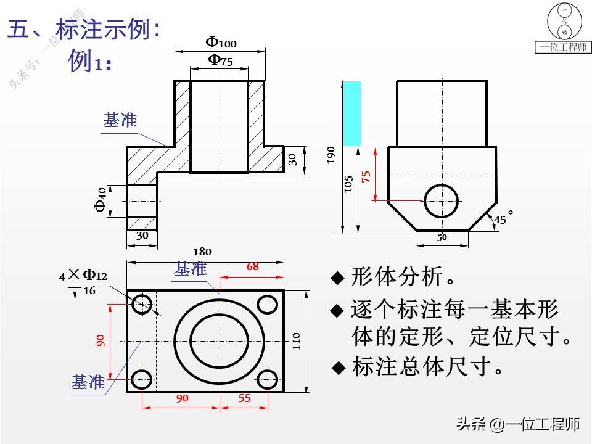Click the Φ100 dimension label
click(221, 43)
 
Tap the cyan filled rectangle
click(351, 113)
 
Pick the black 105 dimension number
click(348, 184)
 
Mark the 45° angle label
click(503, 218)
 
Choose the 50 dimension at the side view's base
click(442, 237)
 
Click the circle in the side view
click(442, 200)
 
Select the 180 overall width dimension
click(202, 252)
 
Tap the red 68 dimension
click(253, 267)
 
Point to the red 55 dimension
click(245, 398)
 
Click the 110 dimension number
click(296, 340)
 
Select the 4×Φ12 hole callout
click(83, 276)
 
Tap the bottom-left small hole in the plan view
click(142, 378)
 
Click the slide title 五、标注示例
click(84, 30)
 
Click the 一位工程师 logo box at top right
click(563, 47)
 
